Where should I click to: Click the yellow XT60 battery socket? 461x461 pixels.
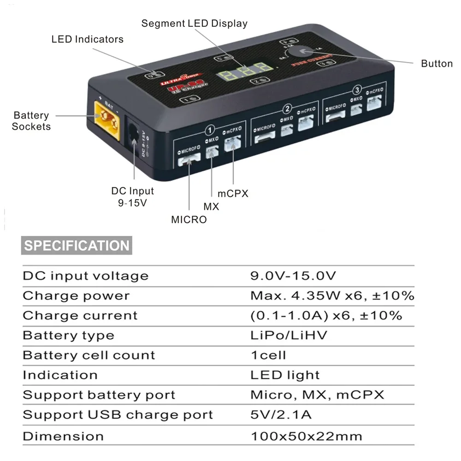(107, 120)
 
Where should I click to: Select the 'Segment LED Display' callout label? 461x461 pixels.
(194, 24)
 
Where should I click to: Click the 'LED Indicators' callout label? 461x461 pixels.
(88, 39)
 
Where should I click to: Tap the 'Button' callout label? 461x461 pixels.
(437, 64)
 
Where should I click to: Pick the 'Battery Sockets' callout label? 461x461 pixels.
(31, 121)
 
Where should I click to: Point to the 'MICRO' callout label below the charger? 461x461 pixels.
(189, 219)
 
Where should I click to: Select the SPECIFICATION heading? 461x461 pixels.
(77, 245)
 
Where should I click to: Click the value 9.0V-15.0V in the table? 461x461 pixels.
(293, 276)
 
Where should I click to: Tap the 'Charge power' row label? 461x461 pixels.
(76, 296)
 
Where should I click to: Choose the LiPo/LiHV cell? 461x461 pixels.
(289, 335)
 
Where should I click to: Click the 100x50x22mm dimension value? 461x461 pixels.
(306, 436)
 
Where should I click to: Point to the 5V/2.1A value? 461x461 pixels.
(281, 414)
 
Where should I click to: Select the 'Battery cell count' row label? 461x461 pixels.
(89, 355)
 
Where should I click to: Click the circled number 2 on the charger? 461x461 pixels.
(287, 109)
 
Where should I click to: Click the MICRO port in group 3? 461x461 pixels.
(336, 118)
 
